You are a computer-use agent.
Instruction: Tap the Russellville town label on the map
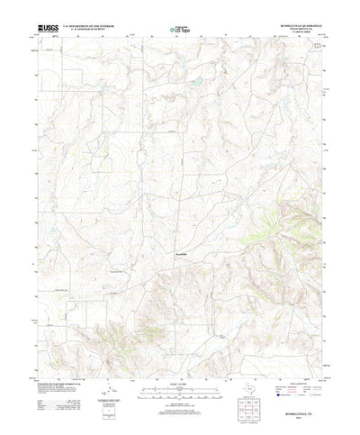[181, 255]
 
